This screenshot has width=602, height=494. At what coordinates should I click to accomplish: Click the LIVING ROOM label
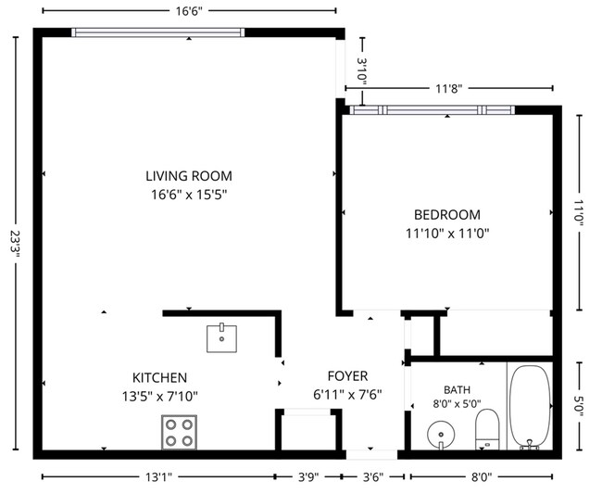pos(189,176)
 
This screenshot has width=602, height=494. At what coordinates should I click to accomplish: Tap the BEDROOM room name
pos(447,215)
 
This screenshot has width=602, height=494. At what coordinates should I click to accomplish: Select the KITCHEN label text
pos(159,377)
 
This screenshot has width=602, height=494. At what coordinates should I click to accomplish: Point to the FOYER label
pos(347,375)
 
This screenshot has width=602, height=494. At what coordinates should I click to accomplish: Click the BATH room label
pos(457,390)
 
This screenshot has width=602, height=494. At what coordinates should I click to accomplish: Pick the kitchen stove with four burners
pos(179,432)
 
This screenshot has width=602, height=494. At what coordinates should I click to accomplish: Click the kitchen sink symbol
pos(221,338)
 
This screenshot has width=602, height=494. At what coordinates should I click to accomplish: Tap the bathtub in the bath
pos(530,407)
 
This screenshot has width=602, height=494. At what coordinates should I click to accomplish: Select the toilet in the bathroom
pos(487,429)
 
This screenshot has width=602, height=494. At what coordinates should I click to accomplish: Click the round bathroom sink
pos(441,436)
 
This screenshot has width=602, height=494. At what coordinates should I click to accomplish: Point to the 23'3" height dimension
pos(16,243)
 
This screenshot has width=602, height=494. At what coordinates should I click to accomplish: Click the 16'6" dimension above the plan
pos(189,11)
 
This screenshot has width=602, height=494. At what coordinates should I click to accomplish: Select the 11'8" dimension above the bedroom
pos(448,89)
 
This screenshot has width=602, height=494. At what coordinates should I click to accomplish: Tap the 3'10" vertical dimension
pos(362,71)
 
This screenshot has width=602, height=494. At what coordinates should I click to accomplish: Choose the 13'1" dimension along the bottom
pos(158,477)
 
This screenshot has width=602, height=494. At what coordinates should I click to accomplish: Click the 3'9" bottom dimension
pos(308,477)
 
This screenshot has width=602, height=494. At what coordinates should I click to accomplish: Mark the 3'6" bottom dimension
pos(373,477)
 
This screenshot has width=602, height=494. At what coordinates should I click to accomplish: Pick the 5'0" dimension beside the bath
pos(579,406)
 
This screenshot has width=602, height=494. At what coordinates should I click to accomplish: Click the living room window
pos(157,32)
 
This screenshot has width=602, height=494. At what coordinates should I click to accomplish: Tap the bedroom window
pos(433,110)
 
